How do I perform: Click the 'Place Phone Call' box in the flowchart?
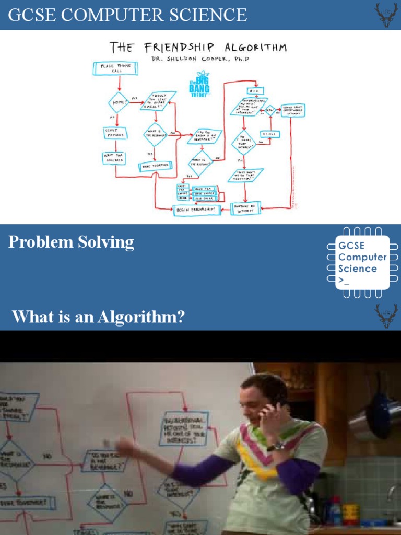[115, 68]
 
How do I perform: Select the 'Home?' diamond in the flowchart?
[118, 102]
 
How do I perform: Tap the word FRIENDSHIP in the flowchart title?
[175, 48]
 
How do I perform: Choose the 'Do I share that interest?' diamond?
[243, 143]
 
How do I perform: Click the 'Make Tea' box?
[204, 188]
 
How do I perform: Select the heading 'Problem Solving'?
[72, 242]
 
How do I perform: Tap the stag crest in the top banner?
[386, 15]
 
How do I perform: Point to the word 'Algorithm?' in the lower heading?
[153, 317]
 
